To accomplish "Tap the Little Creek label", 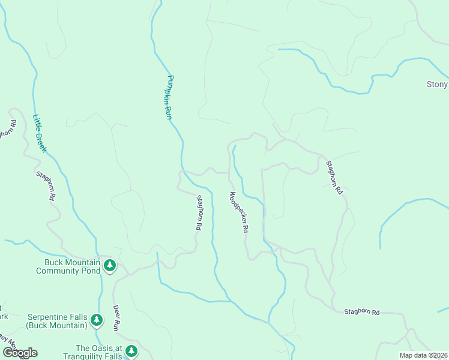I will point(39,133).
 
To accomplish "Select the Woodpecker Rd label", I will point(238,212).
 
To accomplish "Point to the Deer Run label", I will point(117,317).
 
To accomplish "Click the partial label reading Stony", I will point(437,85).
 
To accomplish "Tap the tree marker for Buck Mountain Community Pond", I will point(109,265).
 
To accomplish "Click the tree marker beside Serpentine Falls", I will point(96,320).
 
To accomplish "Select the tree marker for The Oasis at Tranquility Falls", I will point(131,351).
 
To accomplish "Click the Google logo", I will point(20,352).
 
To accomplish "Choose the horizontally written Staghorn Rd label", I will point(362,312).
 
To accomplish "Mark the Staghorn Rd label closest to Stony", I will point(334,177).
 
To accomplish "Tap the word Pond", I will point(93,271).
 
